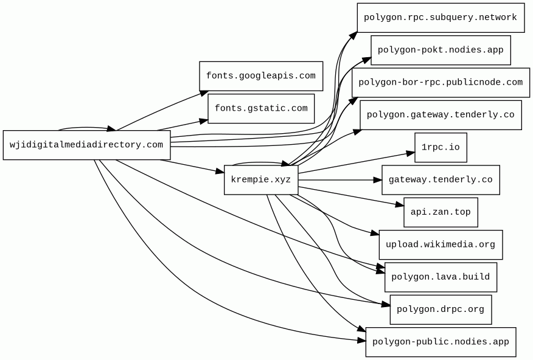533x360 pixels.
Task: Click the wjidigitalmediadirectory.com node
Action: (x=86, y=145)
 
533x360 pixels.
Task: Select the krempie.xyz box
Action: (x=260, y=180)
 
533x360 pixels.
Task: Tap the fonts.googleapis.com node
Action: (x=260, y=76)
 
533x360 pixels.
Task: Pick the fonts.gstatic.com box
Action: (x=261, y=109)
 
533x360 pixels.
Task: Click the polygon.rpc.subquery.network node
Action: (x=440, y=18)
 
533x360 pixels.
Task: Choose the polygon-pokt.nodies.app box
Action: (x=440, y=50)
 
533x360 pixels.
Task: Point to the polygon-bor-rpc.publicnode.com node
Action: (x=440, y=83)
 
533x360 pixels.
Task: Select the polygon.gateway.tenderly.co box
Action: (x=440, y=115)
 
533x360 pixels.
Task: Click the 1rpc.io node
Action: (x=441, y=148)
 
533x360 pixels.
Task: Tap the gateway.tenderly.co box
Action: (x=441, y=180)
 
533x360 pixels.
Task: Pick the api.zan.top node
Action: (x=441, y=212)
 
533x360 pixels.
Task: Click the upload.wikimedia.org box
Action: (x=441, y=245)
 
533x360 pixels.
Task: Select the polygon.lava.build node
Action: (x=441, y=277)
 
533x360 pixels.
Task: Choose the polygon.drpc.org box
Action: (x=441, y=310)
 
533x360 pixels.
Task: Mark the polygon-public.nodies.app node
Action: (x=441, y=342)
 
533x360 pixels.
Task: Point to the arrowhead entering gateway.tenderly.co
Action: (x=377, y=180)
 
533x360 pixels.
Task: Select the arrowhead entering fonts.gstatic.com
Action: (x=203, y=120)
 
